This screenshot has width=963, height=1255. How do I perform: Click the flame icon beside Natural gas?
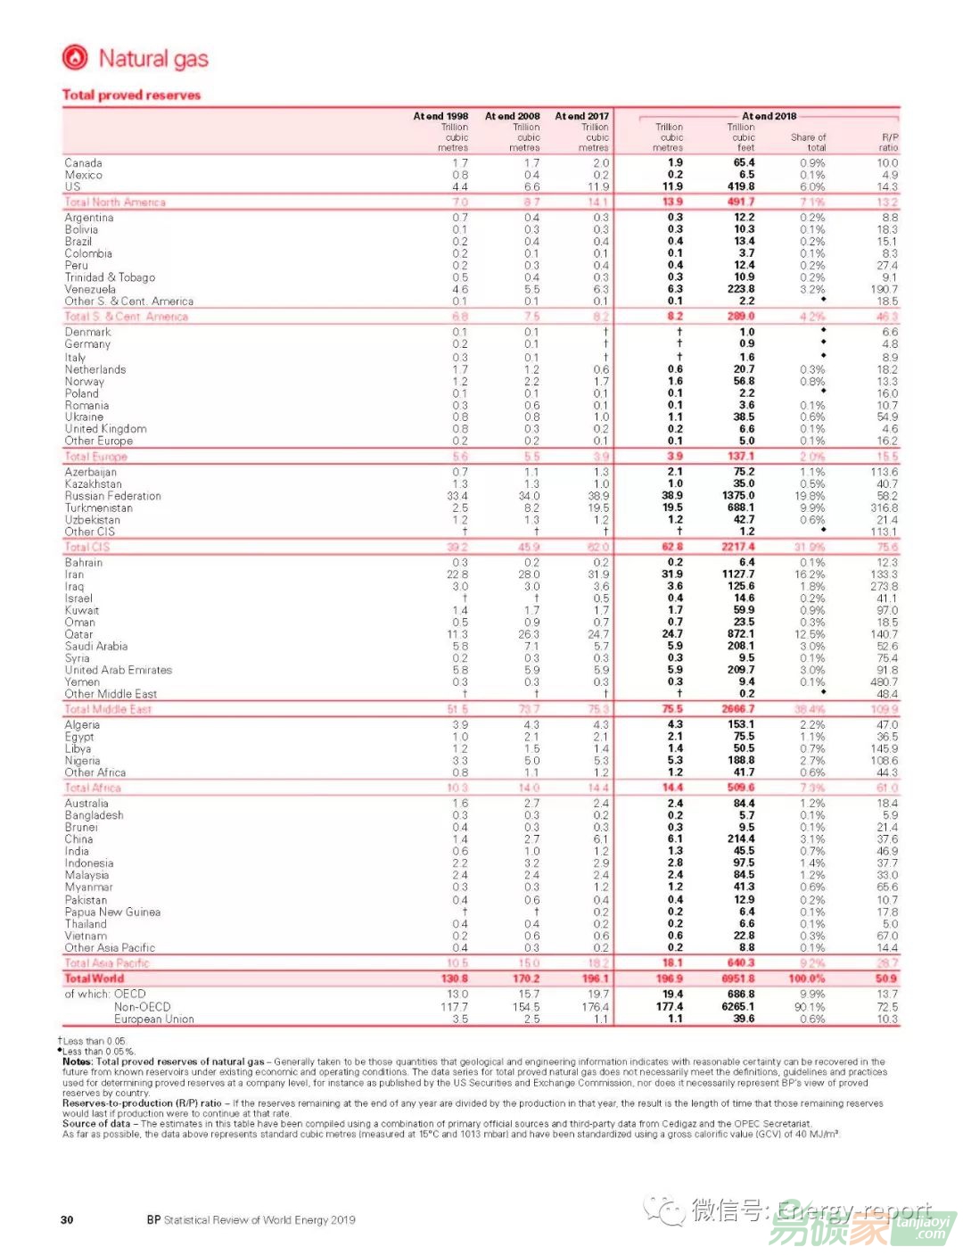coord(75,58)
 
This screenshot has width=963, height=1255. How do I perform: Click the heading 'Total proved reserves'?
coord(131,95)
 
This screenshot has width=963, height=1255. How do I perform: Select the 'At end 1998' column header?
coord(440,116)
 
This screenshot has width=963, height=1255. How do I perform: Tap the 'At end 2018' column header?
coord(769,116)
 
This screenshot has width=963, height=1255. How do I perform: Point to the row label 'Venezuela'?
coord(90,289)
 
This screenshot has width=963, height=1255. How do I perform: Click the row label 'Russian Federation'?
coord(113,496)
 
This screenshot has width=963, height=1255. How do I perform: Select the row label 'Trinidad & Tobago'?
coord(110,277)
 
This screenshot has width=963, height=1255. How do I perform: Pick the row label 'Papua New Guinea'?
coord(112,912)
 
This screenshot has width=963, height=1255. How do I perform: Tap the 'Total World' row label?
coord(94,978)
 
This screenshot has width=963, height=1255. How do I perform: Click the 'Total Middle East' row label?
coord(108,709)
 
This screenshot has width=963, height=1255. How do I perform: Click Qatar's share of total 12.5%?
coord(811,634)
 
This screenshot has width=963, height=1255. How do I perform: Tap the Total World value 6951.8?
coord(738,978)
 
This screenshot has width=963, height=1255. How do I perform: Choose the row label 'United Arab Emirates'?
coord(118,670)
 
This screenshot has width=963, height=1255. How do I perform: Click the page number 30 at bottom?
coord(67,1220)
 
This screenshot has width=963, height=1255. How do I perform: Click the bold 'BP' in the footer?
coord(154,1220)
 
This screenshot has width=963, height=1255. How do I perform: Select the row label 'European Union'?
coord(153,1019)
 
